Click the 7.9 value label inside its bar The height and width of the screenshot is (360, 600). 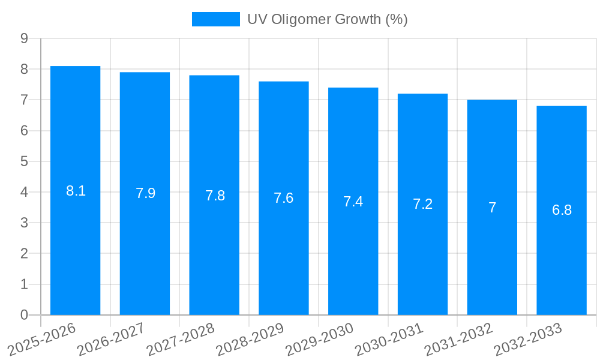145,193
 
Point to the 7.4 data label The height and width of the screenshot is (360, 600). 353,202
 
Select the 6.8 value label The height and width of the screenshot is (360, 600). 562,210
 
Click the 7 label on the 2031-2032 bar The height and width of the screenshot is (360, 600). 492,208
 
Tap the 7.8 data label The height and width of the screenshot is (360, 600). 215,195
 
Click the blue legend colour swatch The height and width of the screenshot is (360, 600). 215,19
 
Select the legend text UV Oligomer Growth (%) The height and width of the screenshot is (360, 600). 328,19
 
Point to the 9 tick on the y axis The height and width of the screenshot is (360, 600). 24,38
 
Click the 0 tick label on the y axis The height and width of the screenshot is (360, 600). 24,315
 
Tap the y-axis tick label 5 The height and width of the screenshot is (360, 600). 24,161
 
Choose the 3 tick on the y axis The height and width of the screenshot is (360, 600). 24,223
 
